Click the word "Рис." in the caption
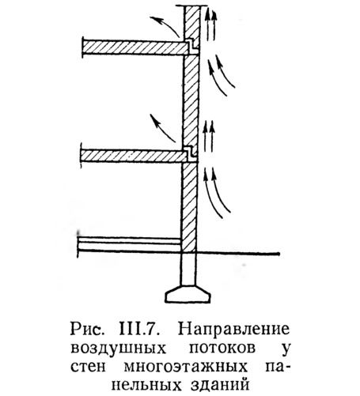tap(86, 330)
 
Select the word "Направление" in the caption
tap(233, 330)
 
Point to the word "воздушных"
tap(119, 348)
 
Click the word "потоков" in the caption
tap(222, 348)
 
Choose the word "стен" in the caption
tap(88, 367)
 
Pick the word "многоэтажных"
tap(186, 367)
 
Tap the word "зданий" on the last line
tap(219, 385)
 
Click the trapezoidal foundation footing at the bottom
tap(188, 294)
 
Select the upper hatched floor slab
tap(135, 47)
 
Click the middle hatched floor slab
tap(133, 156)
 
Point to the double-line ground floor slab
tap(129, 244)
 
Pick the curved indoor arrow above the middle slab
tap(161, 127)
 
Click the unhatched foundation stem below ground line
tap(188, 269)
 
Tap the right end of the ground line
tap(279, 254)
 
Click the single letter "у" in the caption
tap(285, 349)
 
